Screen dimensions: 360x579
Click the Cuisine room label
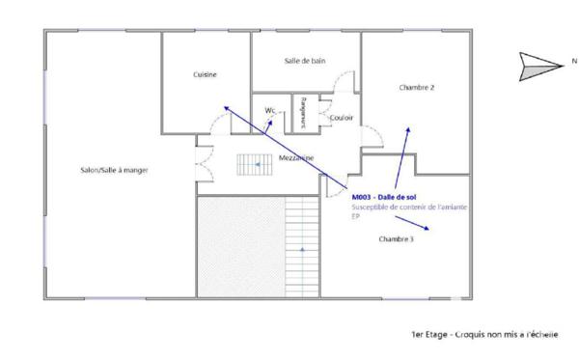point(205,74)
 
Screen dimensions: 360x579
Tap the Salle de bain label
point(305,61)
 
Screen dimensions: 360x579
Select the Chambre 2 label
point(417,88)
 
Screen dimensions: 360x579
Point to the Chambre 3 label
point(396,238)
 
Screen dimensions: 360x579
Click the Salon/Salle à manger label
point(114,171)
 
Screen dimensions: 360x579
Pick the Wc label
point(271,111)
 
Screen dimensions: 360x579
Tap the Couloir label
point(341,118)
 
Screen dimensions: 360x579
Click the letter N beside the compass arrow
point(573,62)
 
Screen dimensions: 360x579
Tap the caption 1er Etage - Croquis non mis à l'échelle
point(484,336)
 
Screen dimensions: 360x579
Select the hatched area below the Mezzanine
point(240,246)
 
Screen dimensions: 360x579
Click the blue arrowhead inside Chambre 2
point(408,127)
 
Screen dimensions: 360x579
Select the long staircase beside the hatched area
point(302,246)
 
